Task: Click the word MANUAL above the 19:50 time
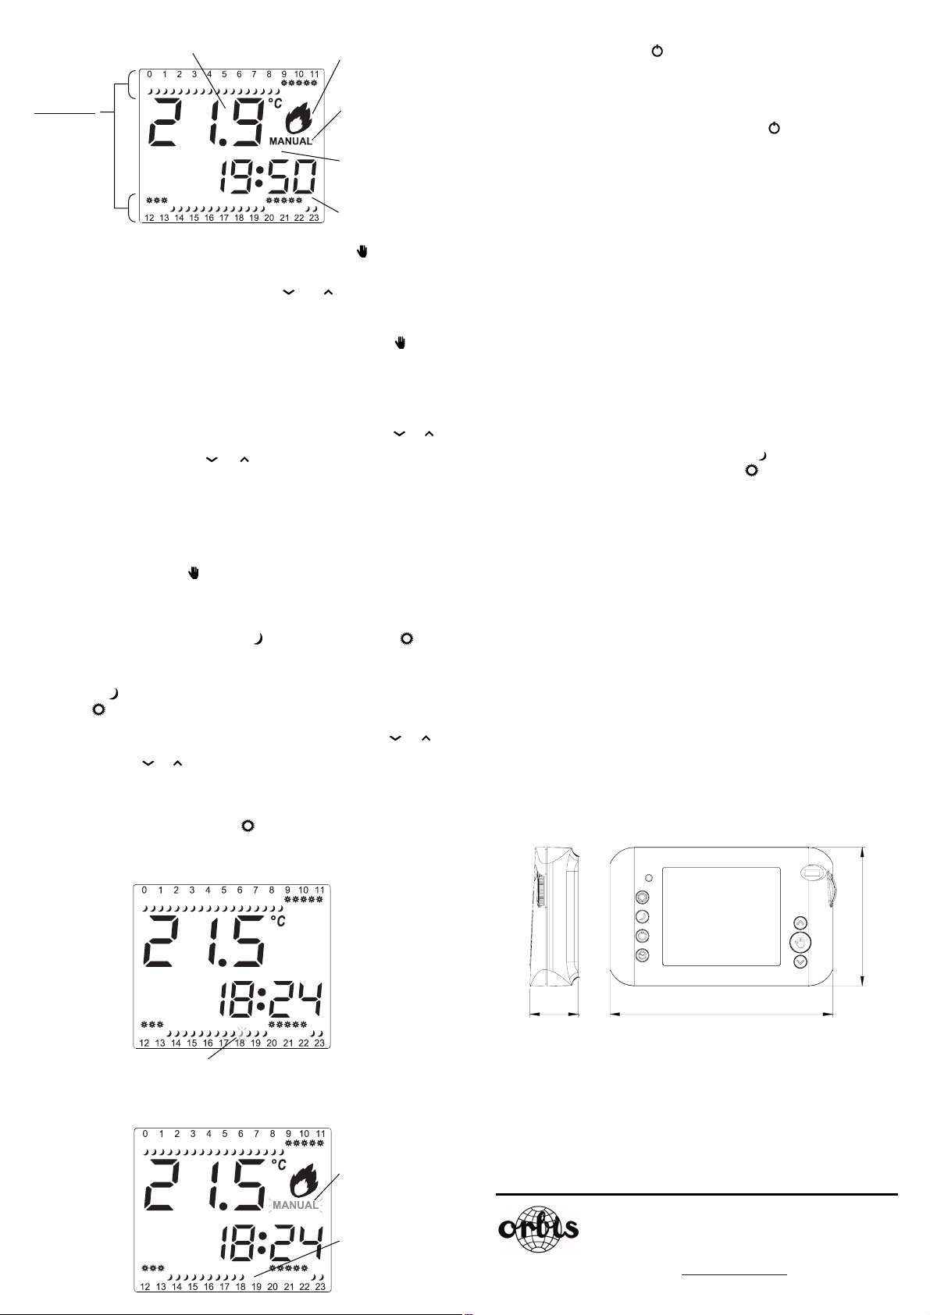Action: [290, 141]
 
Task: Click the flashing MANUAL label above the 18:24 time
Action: [295, 1205]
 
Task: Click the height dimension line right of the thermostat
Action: [863, 916]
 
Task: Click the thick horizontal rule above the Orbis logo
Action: [697, 1194]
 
